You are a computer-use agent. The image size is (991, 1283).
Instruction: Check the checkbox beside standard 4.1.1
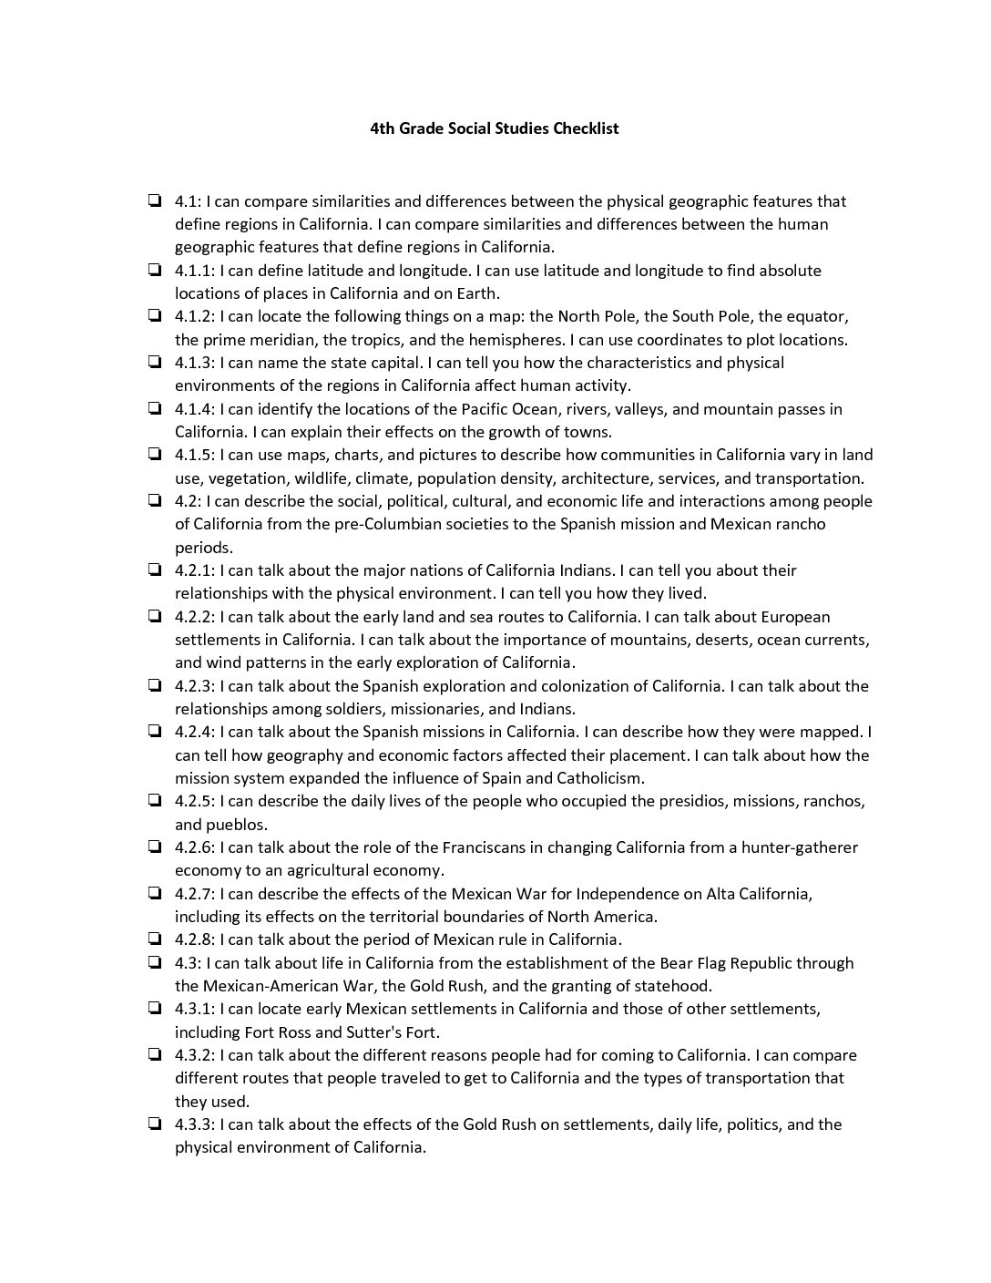coord(155,270)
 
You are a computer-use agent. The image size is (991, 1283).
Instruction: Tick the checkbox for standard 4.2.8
coord(155,939)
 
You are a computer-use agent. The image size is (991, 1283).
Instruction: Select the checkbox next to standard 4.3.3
coord(155,1124)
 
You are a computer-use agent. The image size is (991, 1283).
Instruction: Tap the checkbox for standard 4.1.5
coord(155,454)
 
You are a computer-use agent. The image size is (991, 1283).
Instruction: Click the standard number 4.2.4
coord(194,732)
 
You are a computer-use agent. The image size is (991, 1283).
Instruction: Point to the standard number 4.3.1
coord(194,1009)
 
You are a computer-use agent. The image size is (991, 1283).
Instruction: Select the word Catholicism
coord(599,778)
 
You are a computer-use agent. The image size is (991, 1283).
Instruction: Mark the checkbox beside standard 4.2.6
coord(155,847)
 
